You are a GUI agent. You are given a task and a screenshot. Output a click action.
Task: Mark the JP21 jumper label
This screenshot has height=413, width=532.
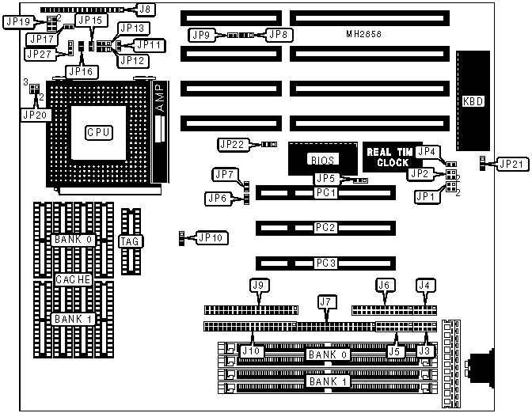[x=508, y=164]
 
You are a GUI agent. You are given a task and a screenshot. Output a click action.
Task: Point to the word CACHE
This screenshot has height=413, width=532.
[x=74, y=279]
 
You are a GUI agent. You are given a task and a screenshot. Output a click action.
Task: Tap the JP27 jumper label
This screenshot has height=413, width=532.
[x=39, y=54]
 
